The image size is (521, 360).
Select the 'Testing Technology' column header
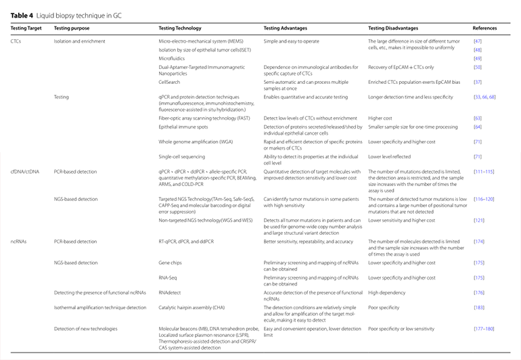pos(179,29)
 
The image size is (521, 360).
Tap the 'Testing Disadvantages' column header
pos(393,29)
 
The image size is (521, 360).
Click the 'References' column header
pos(485,29)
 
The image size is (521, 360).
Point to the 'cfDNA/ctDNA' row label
pos(25,171)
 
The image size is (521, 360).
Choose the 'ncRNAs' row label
pos(20,242)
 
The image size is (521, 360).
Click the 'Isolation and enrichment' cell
pos(76,41)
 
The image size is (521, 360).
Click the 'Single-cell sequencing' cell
pos(182,156)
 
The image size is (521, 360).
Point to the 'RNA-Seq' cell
pos(169,277)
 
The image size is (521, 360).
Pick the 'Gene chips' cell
pos(171,262)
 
